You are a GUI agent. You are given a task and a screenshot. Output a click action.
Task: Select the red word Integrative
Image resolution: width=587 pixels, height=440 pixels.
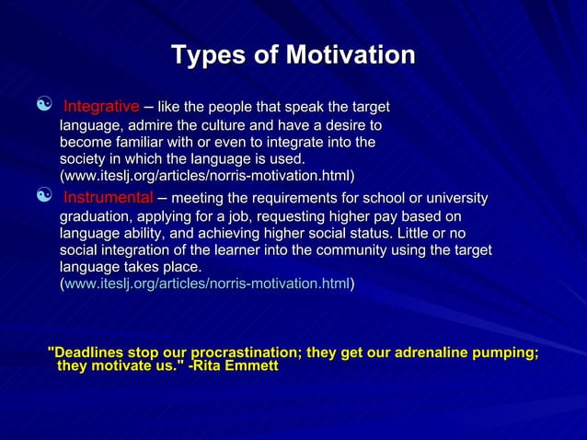tap(101, 107)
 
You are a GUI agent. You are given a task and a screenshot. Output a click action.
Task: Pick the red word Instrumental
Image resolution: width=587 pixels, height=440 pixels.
tap(108, 198)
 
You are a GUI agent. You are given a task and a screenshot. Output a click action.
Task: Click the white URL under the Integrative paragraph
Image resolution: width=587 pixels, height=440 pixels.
tap(207, 175)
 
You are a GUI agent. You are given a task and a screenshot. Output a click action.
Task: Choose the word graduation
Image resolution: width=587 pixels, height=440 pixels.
tap(97, 215)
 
